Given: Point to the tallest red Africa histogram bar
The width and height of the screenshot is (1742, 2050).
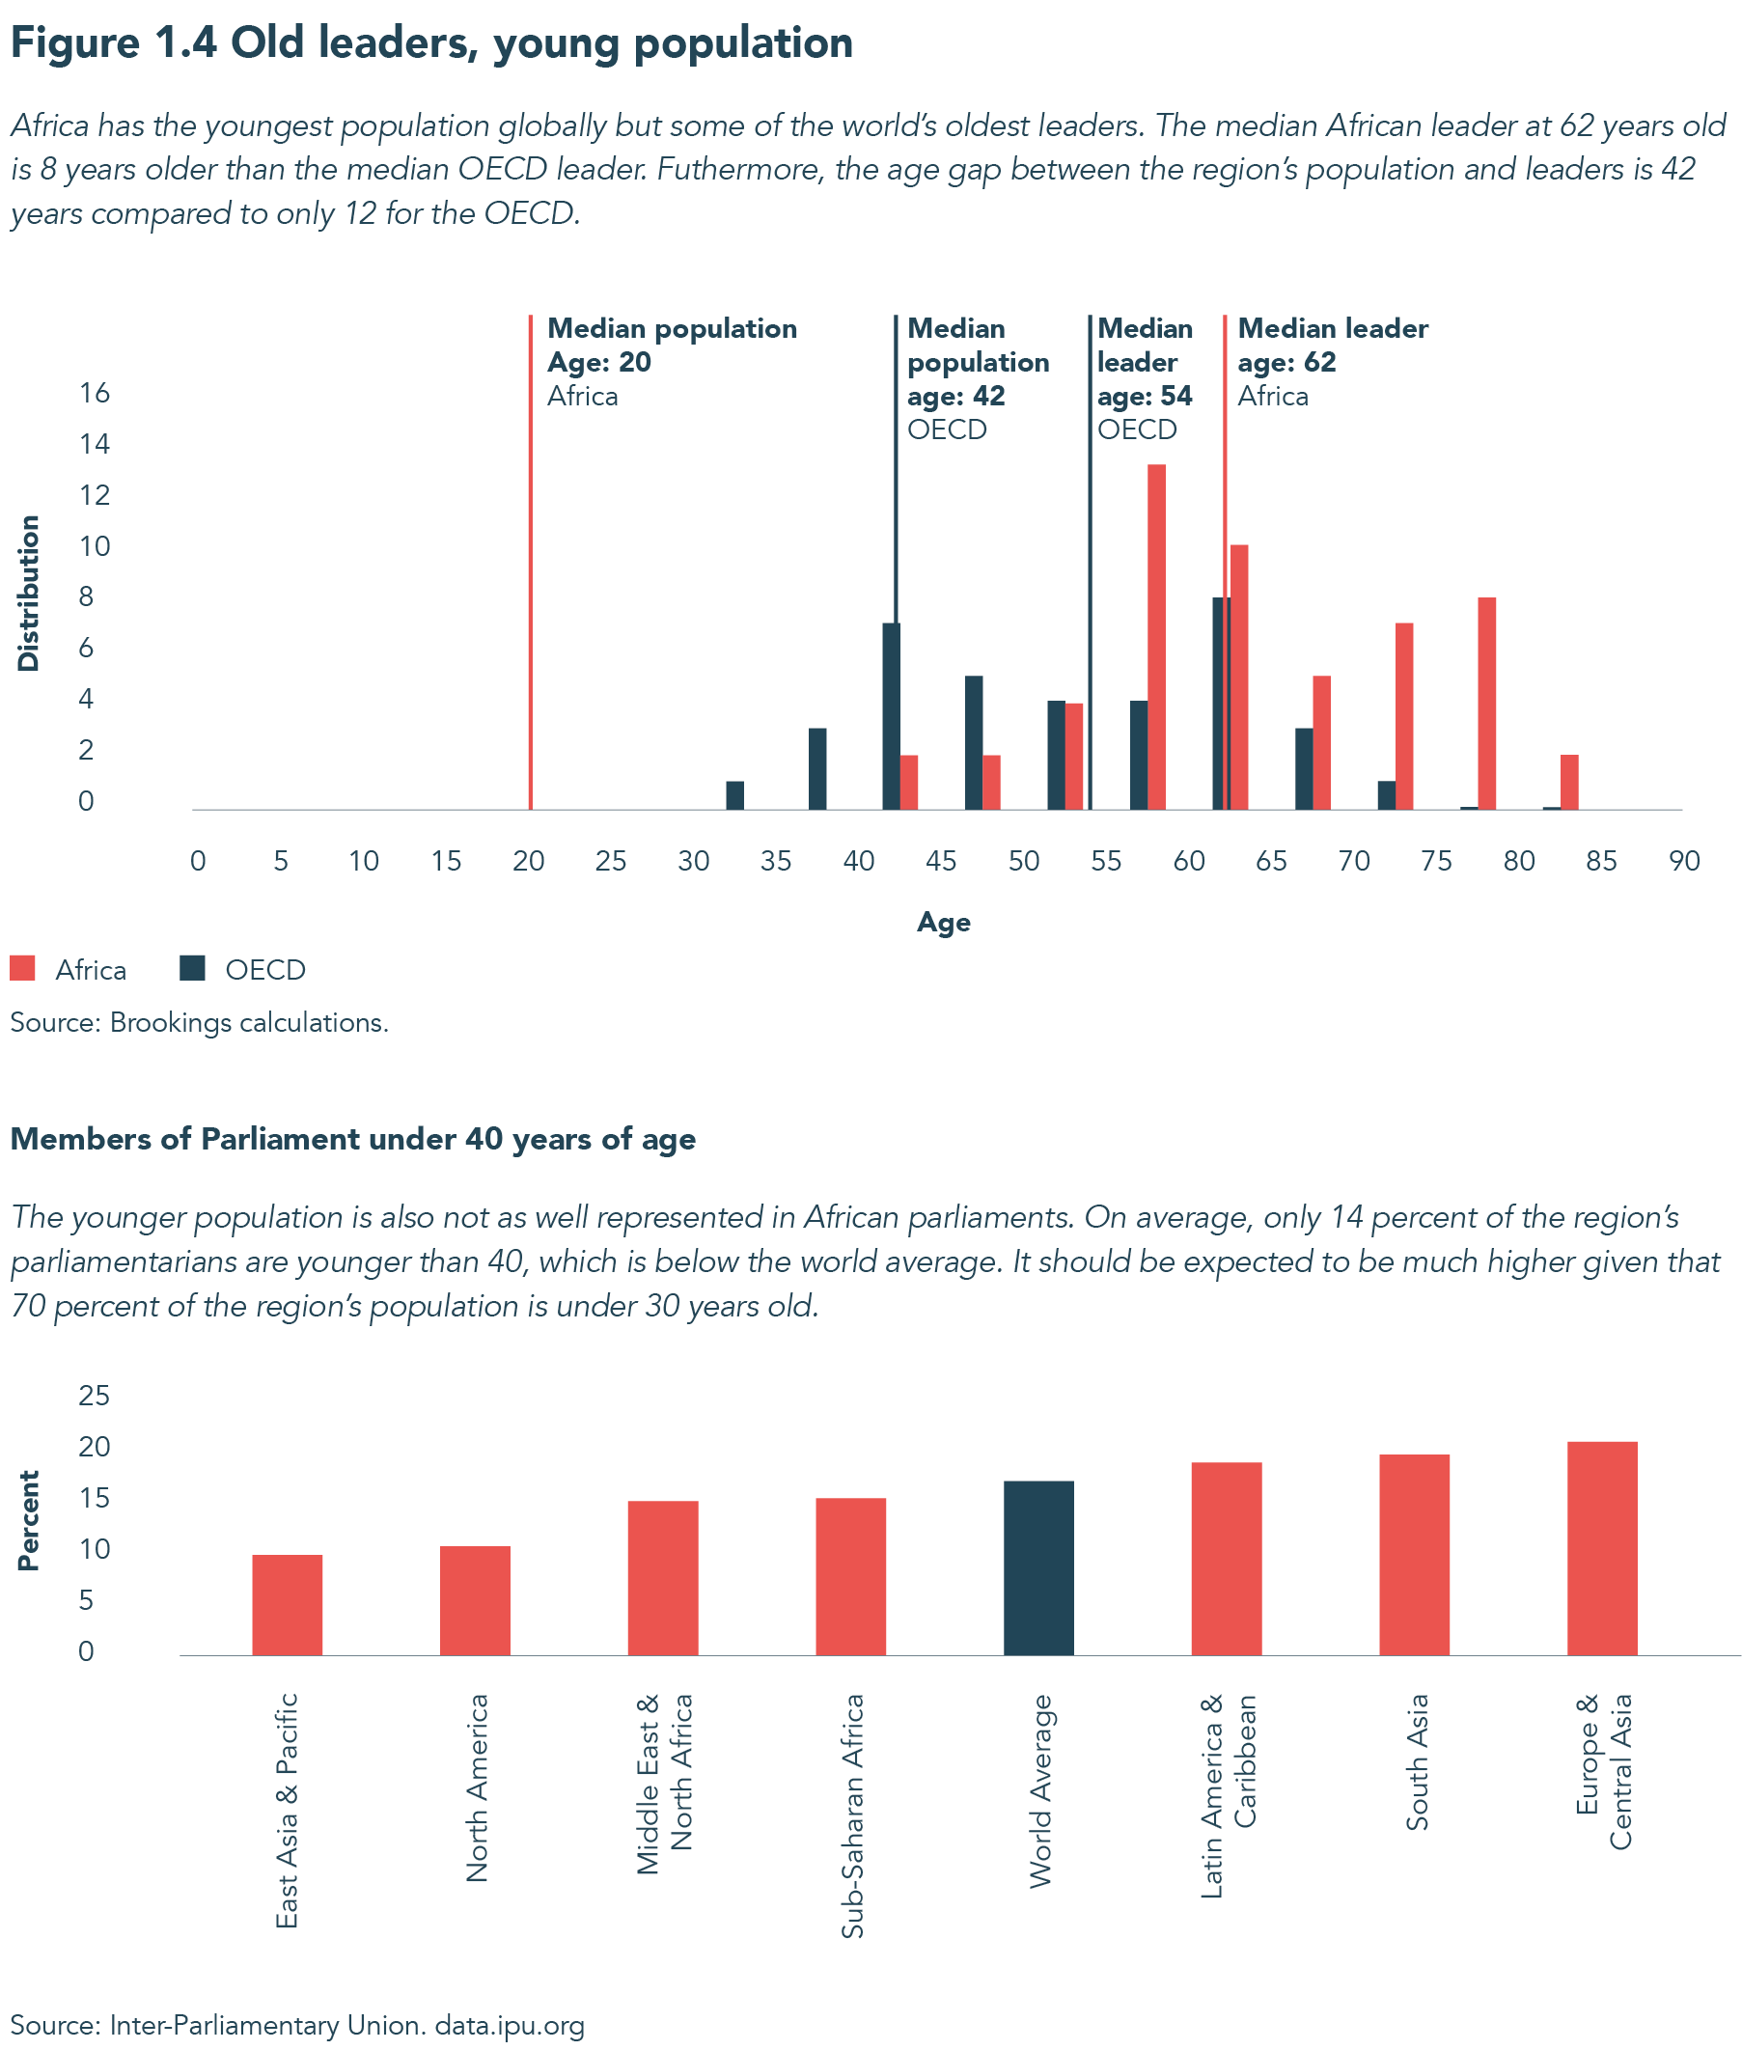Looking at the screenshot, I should point(1156,637).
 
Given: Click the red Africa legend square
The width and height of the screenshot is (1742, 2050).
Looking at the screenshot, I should point(23,968).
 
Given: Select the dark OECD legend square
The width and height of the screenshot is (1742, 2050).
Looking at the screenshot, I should point(192,968).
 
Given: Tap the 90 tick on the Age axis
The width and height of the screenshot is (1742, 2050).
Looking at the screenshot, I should point(1684,861).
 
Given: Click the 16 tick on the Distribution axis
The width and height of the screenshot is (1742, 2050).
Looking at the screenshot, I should point(95,393).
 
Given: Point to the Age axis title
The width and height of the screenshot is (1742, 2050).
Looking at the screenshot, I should point(943,923).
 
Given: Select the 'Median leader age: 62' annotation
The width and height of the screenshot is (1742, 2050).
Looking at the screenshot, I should point(1332,361).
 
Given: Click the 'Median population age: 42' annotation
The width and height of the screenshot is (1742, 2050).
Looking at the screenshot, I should point(977,378).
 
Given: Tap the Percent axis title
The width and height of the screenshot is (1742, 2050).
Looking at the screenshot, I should point(29,1520).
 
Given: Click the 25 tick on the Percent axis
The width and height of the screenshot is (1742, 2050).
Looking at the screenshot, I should point(95,1396).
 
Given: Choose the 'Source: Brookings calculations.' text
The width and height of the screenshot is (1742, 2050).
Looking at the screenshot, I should point(200,1022).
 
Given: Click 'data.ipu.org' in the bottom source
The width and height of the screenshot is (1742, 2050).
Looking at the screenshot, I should point(510,2025).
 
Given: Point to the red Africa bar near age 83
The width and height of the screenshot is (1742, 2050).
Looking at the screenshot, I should point(1569,782).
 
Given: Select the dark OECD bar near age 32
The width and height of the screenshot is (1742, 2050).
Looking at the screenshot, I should point(734,795).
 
